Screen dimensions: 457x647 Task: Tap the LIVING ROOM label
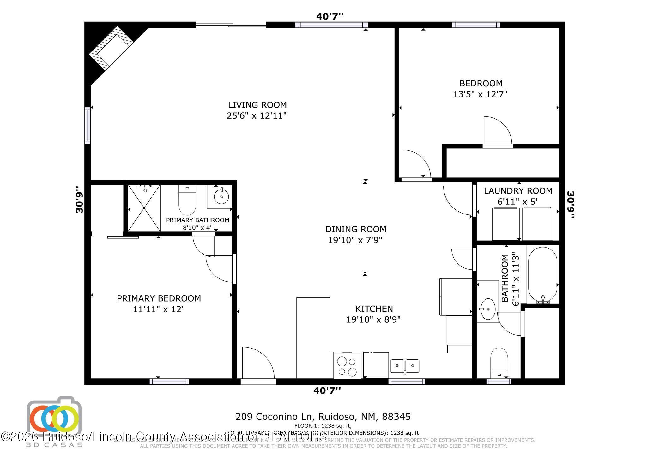[257, 105]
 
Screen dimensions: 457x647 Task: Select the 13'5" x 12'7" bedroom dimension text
[480, 94]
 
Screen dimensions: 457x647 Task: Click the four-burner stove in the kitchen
[347, 365]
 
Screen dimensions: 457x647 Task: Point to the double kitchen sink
[405, 366]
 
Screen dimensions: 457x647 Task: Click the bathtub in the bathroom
[543, 275]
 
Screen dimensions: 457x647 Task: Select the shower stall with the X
[144, 208]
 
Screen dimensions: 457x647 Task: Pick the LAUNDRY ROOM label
[518, 191]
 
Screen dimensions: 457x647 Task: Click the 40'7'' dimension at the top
[330, 16]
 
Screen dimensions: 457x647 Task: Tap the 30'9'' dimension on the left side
[80, 202]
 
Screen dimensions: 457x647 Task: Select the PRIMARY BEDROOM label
[159, 298]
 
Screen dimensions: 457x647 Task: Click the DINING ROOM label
[355, 229]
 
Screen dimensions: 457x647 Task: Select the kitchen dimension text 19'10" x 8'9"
[373, 320]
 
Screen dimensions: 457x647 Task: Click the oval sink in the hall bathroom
[487, 309]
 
